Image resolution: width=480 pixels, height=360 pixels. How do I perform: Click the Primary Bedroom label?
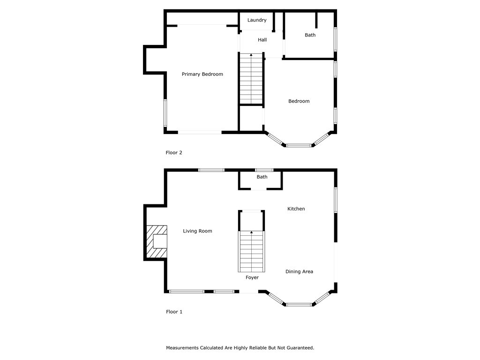click(202, 74)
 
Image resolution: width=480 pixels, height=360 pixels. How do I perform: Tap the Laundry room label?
click(257, 20)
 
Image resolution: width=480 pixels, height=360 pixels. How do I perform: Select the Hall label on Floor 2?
click(262, 40)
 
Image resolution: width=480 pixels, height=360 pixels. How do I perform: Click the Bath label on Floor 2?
click(310, 35)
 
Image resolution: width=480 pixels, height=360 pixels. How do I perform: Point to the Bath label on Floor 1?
click(262, 177)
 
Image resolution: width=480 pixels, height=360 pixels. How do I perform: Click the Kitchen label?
click(296, 209)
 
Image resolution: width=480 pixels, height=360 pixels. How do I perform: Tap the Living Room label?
click(197, 231)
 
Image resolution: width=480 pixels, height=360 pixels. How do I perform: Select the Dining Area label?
click(299, 271)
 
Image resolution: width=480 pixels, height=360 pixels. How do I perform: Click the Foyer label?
click(252, 277)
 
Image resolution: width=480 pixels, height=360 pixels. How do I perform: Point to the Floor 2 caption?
click(174, 153)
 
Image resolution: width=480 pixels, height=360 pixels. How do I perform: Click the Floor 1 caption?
click(174, 312)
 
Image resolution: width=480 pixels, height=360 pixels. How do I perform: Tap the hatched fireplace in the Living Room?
click(157, 241)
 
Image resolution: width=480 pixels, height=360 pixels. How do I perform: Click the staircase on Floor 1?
click(252, 251)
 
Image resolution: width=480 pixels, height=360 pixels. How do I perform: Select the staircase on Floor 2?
click(251, 79)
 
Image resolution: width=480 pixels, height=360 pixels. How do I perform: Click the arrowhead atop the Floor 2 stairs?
click(251, 55)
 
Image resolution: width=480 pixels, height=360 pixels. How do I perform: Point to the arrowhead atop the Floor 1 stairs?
click(252, 232)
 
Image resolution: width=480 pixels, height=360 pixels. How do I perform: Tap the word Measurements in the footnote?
click(182, 348)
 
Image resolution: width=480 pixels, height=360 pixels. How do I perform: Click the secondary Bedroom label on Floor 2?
click(299, 101)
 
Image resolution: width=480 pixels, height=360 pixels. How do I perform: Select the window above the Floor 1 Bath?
click(264, 170)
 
